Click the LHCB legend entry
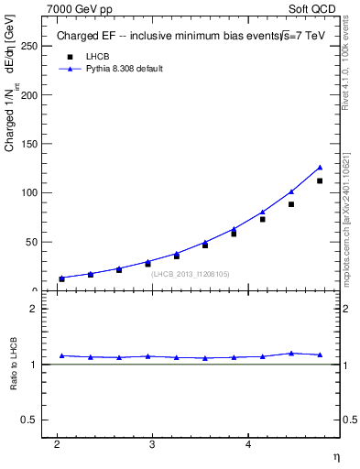point(96,56)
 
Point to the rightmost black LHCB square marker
point(320,180)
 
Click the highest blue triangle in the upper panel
point(320,167)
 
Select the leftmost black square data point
point(61,278)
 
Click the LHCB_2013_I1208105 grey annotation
point(190,273)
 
